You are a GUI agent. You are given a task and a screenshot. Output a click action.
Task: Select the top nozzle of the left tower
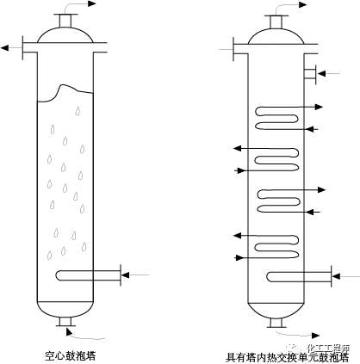[x=65, y=20]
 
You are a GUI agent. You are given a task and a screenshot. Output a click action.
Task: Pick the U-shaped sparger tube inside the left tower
[x=86, y=275]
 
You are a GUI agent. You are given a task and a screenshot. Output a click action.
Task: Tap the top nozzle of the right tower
[x=277, y=19]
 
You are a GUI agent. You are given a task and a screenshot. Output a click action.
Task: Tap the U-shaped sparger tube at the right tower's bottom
[x=297, y=275]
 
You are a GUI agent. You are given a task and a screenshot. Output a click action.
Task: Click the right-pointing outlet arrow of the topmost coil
[x=320, y=107]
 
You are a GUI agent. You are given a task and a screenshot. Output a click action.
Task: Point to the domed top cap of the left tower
[x=65, y=34]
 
